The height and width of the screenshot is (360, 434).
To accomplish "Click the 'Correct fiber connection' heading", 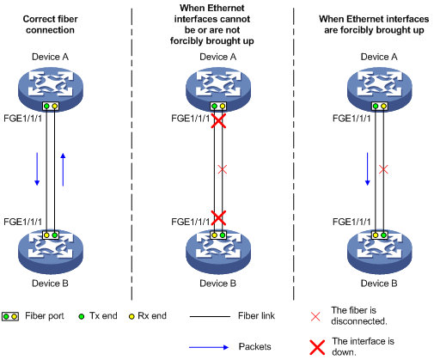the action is [x=50, y=24].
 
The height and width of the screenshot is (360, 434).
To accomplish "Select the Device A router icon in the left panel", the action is [x=51, y=88].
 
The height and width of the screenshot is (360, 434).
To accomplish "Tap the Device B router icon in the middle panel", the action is [x=218, y=252].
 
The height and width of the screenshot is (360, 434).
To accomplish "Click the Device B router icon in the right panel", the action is [x=380, y=252].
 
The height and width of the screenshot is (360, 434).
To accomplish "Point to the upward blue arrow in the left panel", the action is [x=63, y=169].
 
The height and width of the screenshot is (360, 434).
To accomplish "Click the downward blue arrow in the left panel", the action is [x=37, y=169].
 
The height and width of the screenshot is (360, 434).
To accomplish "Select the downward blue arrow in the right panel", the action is [x=368, y=169].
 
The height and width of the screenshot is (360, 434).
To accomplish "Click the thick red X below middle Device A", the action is [x=218, y=120].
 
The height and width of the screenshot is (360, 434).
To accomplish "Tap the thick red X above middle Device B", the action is [x=218, y=217].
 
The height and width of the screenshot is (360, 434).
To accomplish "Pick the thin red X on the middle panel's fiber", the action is [x=223, y=169].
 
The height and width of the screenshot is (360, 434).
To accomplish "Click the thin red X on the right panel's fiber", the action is [x=383, y=169].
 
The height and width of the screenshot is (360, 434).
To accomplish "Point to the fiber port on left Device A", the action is [x=51, y=107].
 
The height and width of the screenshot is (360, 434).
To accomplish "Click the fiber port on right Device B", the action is [x=380, y=235].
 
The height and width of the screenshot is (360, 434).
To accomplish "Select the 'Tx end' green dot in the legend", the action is [x=82, y=316].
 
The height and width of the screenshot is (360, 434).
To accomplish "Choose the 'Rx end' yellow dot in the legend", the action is [x=131, y=316].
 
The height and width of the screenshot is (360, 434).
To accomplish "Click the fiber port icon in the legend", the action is [x=10, y=316].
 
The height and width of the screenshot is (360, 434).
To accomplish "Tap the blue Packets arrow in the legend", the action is [x=209, y=347].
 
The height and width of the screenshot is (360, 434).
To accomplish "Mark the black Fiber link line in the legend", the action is [x=210, y=316].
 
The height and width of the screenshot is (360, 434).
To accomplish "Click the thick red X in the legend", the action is [x=317, y=347].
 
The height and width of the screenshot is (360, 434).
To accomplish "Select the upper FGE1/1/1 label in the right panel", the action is [x=351, y=119].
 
